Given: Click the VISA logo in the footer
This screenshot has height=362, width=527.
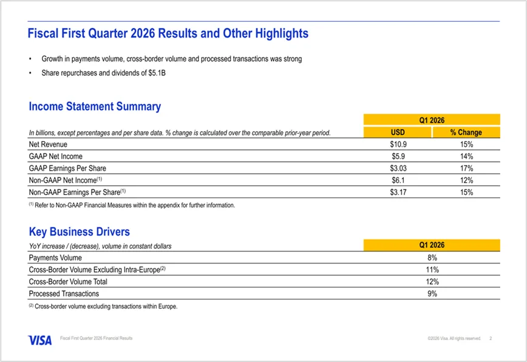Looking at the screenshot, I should (x=39, y=340).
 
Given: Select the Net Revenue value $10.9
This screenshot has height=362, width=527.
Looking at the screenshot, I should (x=397, y=145).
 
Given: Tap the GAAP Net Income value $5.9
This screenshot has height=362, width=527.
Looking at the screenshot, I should (x=397, y=157).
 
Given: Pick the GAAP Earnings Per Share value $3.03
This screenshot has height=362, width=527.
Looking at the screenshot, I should (x=397, y=168).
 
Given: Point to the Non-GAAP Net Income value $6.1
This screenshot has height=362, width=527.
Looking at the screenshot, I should (x=397, y=180).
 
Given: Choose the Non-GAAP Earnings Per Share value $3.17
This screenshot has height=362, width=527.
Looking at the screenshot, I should (x=397, y=193).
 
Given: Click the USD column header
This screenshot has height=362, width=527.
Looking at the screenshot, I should (x=397, y=132).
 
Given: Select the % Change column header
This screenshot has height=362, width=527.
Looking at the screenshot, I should (x=466, y=132).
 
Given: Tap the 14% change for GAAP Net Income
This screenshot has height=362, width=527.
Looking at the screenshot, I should (x=466, y=157).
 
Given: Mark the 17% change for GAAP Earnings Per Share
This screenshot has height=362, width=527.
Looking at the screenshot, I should (x=466, y=168).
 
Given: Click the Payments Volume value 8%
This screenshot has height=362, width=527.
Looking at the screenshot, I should (x=432, y=258).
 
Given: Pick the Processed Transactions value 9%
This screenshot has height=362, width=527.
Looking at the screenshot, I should (x=432, y=294).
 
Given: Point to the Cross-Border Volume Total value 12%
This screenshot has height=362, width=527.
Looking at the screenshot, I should (x=432, y=282).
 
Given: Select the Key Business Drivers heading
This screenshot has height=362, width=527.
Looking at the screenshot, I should (x=80, y=232).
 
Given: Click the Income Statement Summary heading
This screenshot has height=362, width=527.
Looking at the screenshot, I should (x=95, y=107).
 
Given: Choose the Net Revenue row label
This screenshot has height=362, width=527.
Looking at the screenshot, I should (x=48, y=145).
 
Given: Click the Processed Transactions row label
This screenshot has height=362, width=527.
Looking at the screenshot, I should (x=63, y=294).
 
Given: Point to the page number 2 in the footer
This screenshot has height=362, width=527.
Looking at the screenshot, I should (x=491, y=338).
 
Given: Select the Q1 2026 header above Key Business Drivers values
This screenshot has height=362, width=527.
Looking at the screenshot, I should (x=432, y=245).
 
